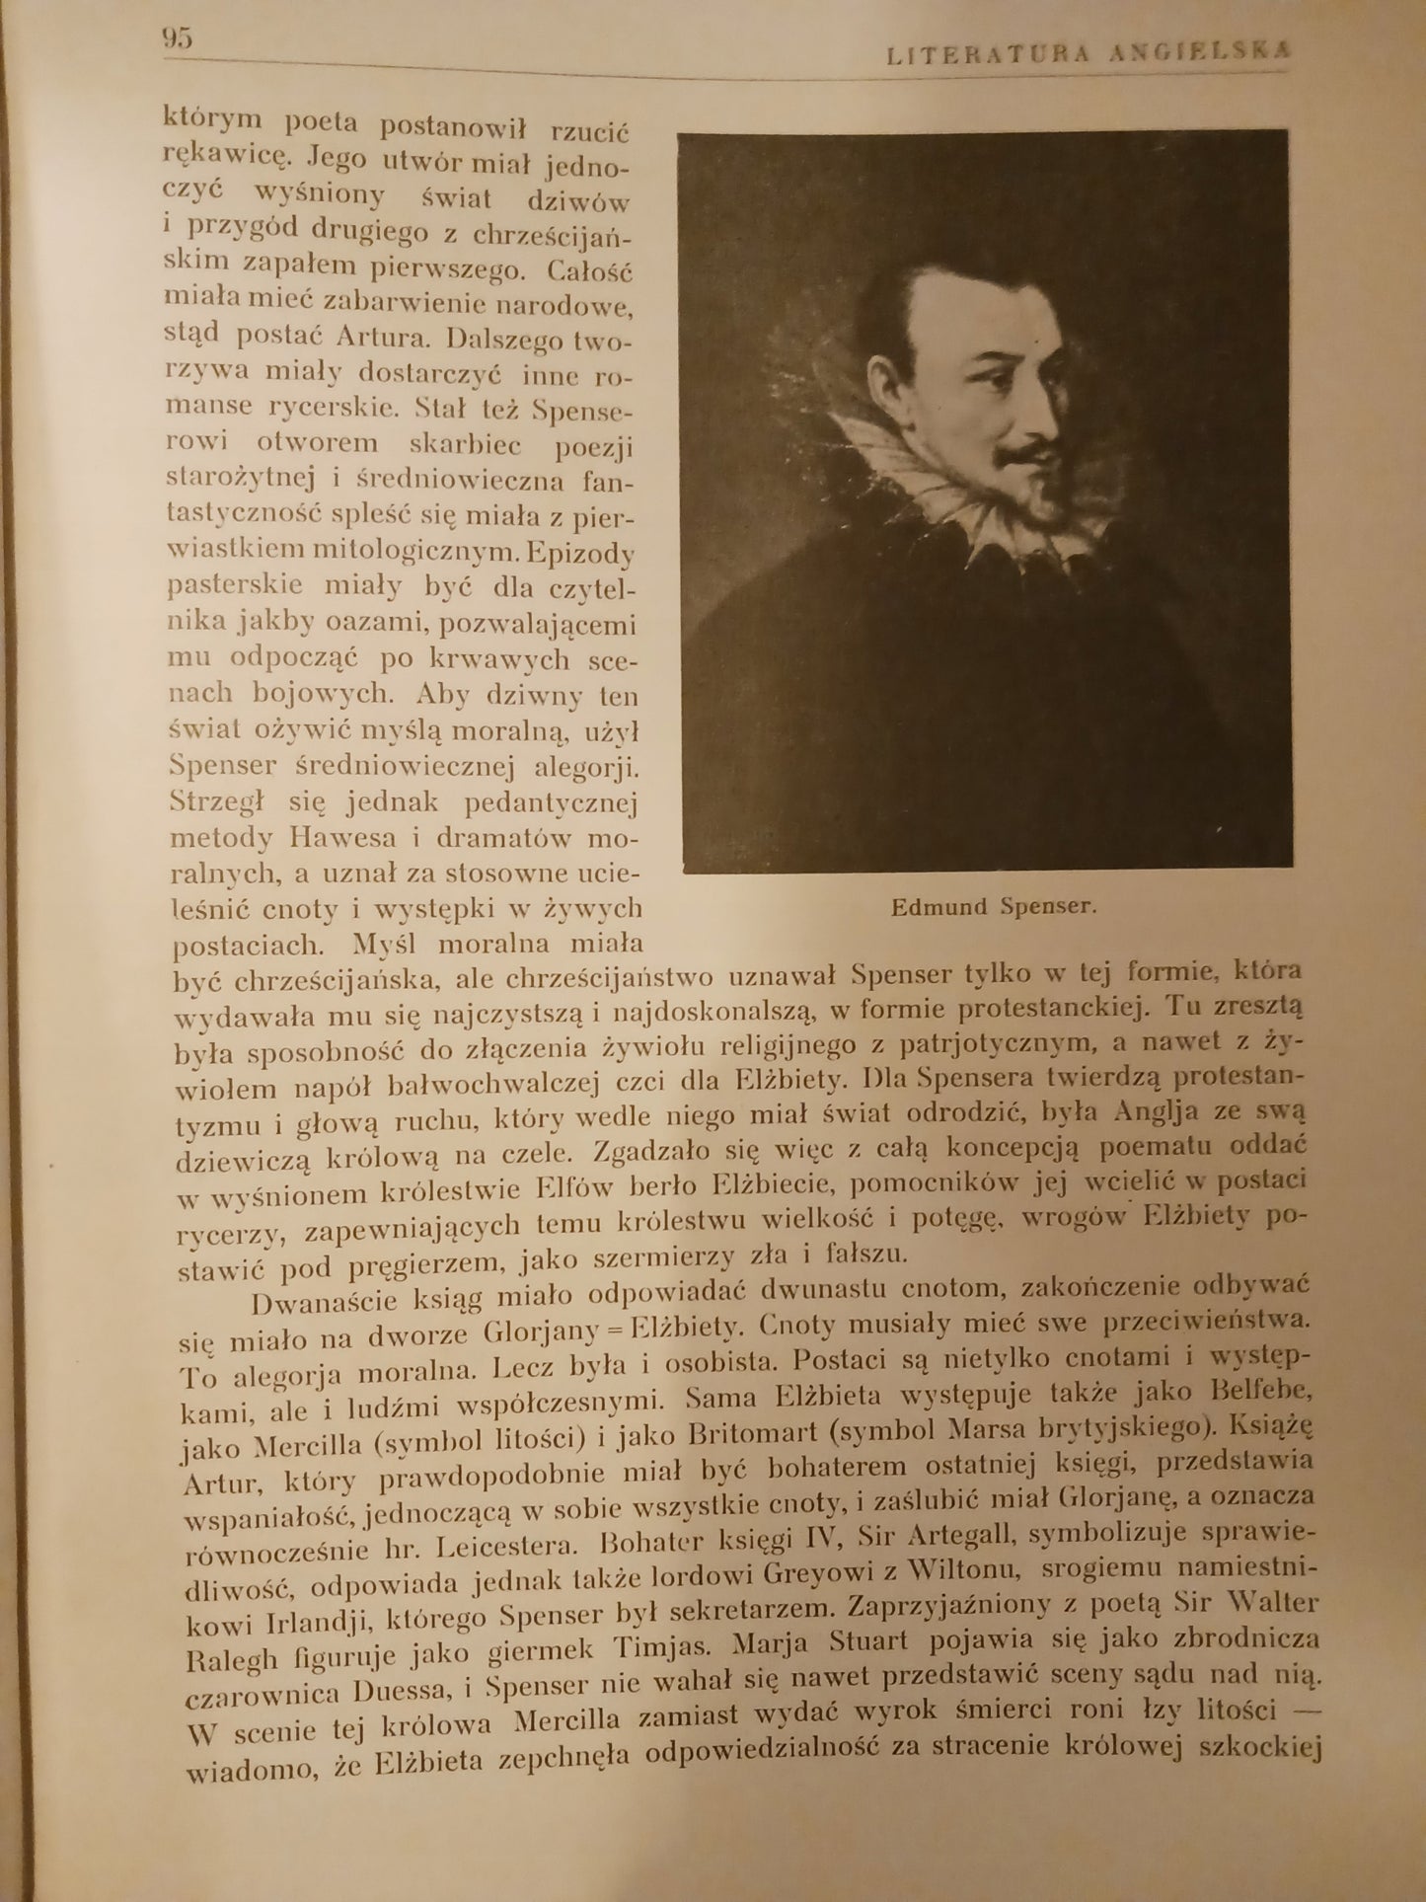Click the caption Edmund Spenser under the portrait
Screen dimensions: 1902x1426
(x=993, y=907)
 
